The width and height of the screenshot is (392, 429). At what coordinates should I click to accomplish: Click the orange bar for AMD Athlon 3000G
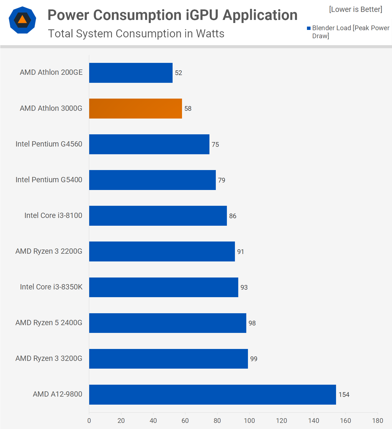pos(135,109)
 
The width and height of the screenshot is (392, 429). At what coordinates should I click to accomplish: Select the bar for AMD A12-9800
pos(212,394)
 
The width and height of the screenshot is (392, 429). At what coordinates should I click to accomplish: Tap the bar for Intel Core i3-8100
pos(158,216)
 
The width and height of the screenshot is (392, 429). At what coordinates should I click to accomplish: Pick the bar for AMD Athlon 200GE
pos(131,73)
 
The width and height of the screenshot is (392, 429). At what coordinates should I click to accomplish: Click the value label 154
pos(344,395)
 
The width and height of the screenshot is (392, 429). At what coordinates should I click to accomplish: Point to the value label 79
pos(222,180)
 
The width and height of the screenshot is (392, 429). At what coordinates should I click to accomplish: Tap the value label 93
pos(244,287)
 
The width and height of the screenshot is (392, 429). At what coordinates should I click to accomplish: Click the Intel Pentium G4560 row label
pos(49,144)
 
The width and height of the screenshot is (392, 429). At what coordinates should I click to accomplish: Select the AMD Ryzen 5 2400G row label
pos(49,323)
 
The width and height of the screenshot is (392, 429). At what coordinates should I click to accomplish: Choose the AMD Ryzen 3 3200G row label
pos(49,358)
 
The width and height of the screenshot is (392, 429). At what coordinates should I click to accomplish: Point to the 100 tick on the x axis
pos(249,421)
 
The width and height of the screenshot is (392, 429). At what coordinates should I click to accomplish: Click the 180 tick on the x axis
pos(378,421)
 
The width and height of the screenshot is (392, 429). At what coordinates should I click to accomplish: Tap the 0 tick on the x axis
pos(89,421)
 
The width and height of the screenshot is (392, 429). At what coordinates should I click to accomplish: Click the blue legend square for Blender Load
pos(309,28)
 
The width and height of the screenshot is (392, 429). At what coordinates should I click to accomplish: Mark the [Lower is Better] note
pos(355,9)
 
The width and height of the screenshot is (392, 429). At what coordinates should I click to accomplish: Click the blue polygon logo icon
pos(22,20)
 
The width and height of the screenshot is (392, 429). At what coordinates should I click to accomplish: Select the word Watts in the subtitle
pos(210,34)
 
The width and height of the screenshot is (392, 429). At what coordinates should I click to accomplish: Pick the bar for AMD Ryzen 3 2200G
pos(162,251)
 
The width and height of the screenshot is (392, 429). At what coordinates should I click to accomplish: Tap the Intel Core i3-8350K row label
pos(51,287)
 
